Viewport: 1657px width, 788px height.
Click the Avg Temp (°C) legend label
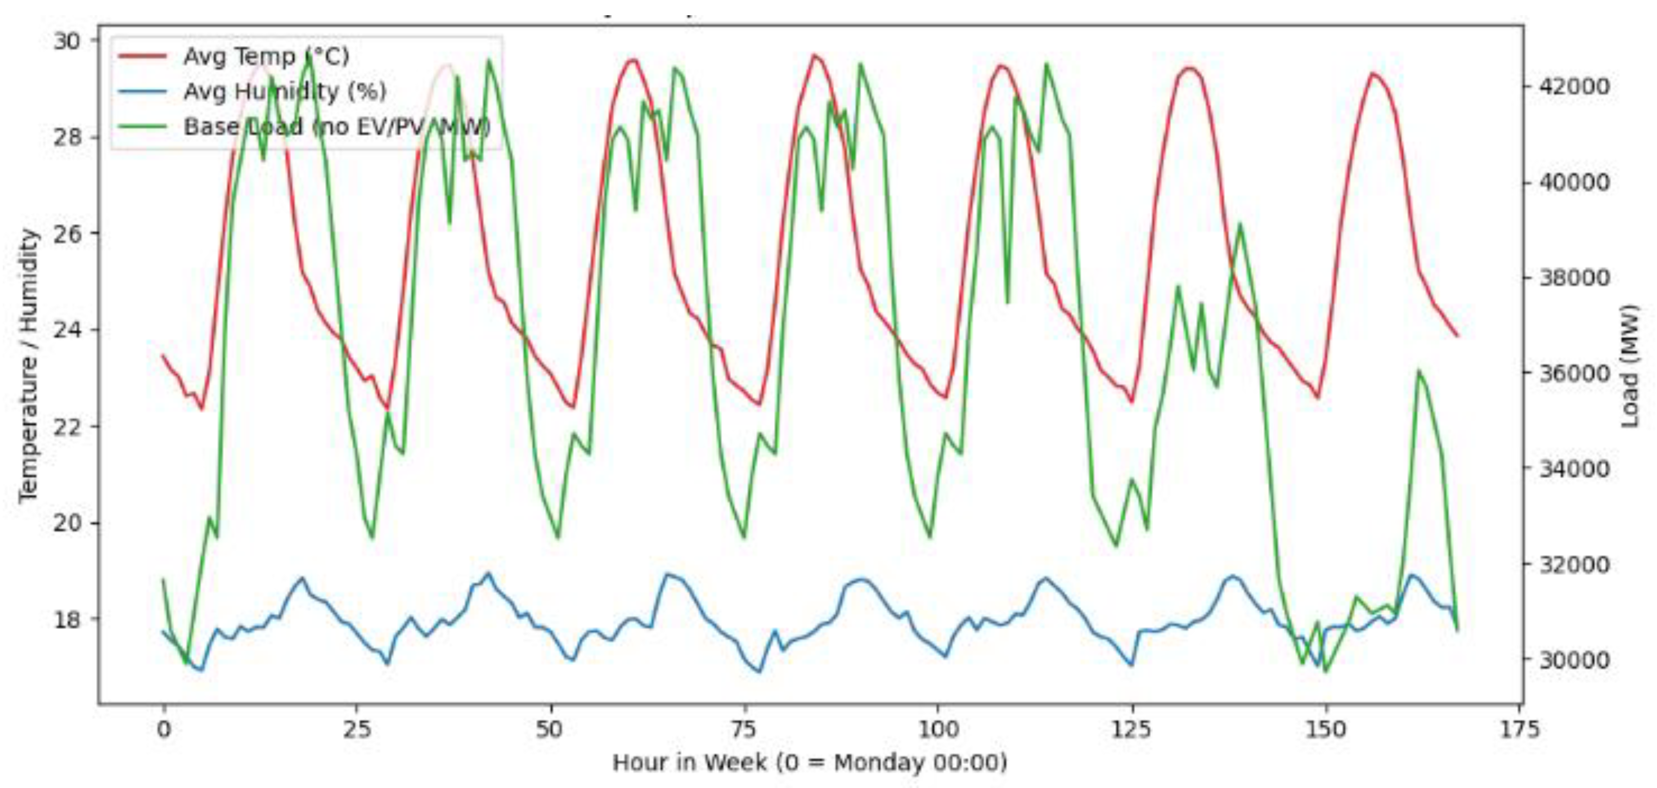coord(266,56)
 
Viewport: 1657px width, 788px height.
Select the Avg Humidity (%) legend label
coord(285,91)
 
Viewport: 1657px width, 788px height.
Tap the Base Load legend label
coord(336,126)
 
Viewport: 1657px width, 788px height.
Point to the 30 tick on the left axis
coord(67,41)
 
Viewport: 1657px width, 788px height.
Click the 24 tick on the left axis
coord(67,331)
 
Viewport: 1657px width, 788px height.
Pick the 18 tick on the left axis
coord(67,620)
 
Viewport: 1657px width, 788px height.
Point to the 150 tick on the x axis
coord(1326,729)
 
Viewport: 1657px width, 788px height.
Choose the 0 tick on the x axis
coord(164,729)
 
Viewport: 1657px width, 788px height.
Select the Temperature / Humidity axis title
coord(29,366)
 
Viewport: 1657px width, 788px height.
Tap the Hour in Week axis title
coord(810,763)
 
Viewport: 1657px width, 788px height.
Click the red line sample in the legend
coord(143,56)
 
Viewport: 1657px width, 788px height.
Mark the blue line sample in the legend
coord(143,91)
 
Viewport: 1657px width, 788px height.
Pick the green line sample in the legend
coord(143,126)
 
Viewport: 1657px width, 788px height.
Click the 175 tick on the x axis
coord(1520,729)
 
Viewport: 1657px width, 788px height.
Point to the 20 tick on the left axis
coord(67,523)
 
